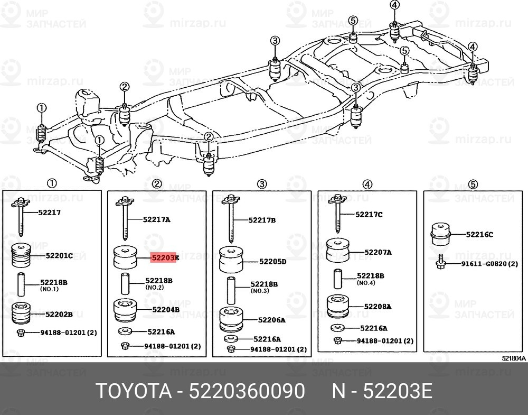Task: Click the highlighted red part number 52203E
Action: [x=165, y=258]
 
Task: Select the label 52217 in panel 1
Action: [x=50, y=213]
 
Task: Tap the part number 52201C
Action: [x=59, y=255]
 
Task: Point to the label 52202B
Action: [x=59, y=313]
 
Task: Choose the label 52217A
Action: [x=156, y=218]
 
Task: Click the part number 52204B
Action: [x=166, y=309]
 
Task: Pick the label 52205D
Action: [x=272, y=262]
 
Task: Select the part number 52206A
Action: [x=271, y=320]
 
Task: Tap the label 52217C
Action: [x=369, y=214]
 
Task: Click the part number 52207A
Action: [x=377, y=252]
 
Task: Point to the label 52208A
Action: [x=377, y=306]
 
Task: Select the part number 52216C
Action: [x=479, y=234]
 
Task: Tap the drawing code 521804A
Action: [x=514, y=358]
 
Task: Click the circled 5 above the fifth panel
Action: [x=473, y=184]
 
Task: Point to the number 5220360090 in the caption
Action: [x=246, y=392]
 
